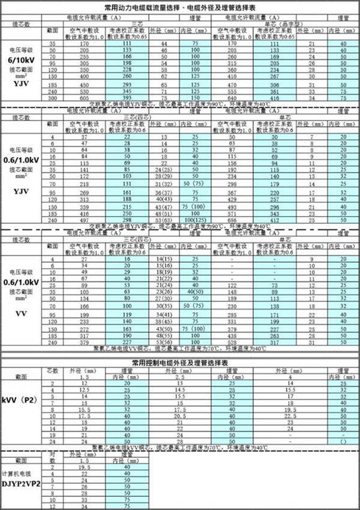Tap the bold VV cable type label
(22, 313)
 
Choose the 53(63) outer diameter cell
(164, 220)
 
